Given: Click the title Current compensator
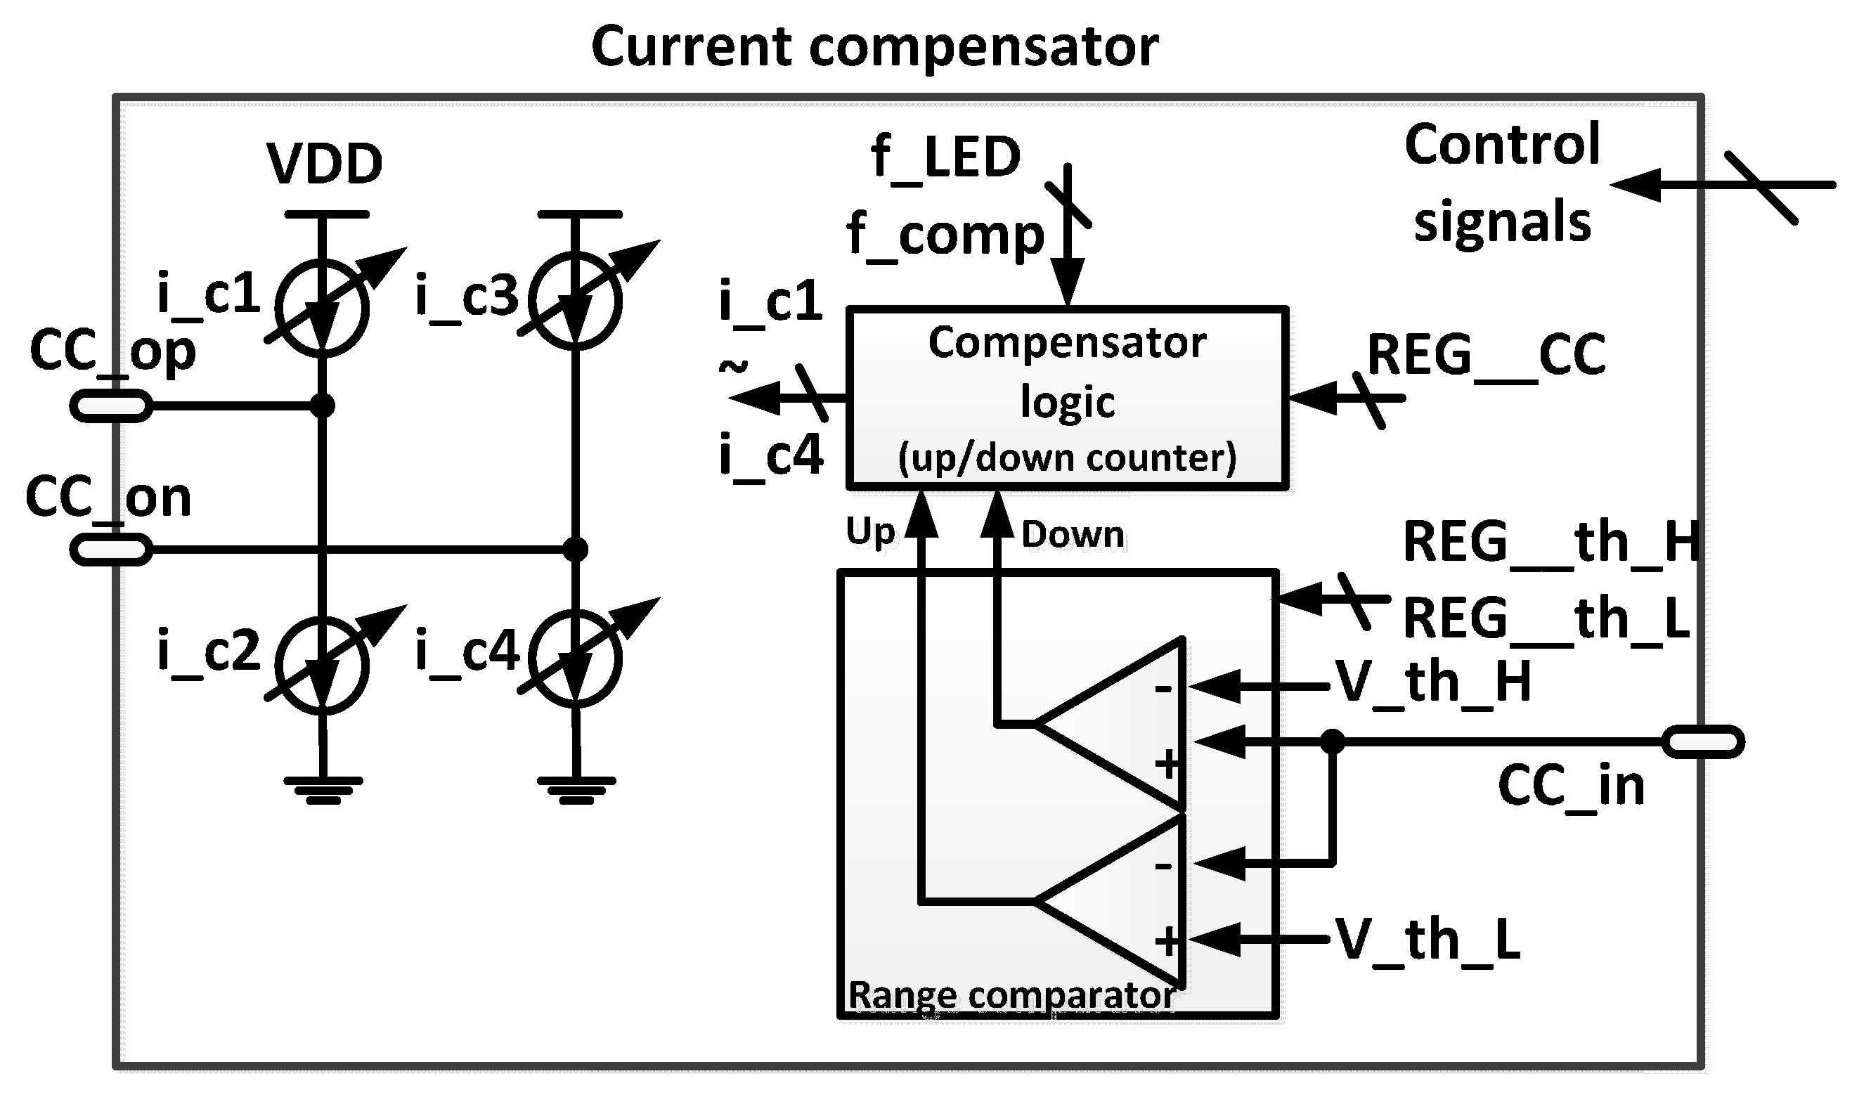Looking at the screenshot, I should tap(874, 46).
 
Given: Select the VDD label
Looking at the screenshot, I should tap(325, 163).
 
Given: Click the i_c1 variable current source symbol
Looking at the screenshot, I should tap(321, 308).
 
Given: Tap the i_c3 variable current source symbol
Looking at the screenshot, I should tap(575, 301).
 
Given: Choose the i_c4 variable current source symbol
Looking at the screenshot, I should tap(575, 659).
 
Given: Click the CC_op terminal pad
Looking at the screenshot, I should tap(111, 406).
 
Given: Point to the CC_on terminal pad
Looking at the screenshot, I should tap(111, 550).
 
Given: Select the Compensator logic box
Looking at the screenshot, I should tap(1067, 398).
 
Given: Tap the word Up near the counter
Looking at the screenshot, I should tap(870, 532).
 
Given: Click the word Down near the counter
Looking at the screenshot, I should tap(1073, 535).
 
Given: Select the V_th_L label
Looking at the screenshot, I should tap(1427, 940).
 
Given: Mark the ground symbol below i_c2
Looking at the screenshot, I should tap(322, 790).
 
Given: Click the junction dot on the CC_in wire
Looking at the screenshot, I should tap(1333, 741).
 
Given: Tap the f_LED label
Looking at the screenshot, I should tap(946, 157).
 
